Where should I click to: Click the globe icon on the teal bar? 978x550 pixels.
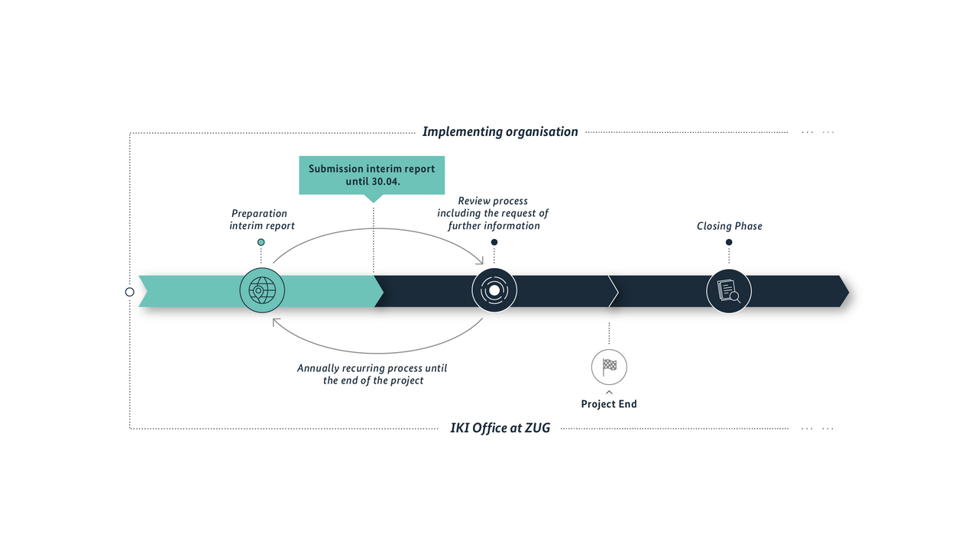[262, 291]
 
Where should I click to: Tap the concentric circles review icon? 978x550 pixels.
[494, 291]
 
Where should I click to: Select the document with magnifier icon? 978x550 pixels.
[729, 291]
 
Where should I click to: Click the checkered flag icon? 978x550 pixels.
[609, 366]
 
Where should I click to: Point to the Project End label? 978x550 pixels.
[609, 404]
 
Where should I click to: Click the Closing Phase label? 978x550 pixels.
[729, 226]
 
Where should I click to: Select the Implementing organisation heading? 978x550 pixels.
[500, 131]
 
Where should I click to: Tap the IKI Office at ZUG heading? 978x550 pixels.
[500, 428]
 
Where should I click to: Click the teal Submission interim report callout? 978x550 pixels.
[371, 175]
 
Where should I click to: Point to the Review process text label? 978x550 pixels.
[493, 213]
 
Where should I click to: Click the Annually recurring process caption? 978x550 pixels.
[372, 374]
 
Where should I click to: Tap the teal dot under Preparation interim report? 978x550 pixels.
[261, 242]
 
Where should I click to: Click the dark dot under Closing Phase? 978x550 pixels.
[729, 242]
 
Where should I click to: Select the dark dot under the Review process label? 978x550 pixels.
[494, 242]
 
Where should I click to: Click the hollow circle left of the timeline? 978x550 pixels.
[130, 292]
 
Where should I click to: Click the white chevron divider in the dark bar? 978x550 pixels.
[614, 291]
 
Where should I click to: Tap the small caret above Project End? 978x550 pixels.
[609, 392]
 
